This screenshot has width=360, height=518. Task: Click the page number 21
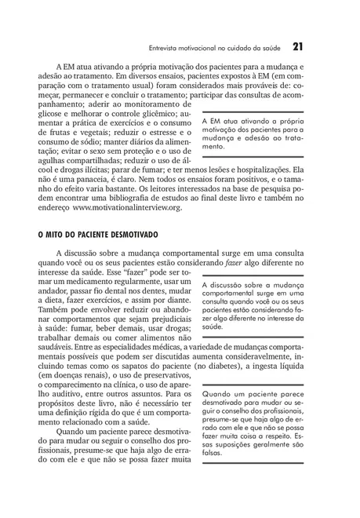[298, 46]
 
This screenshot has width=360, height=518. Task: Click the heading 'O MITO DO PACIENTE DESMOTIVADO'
[98, 235]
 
